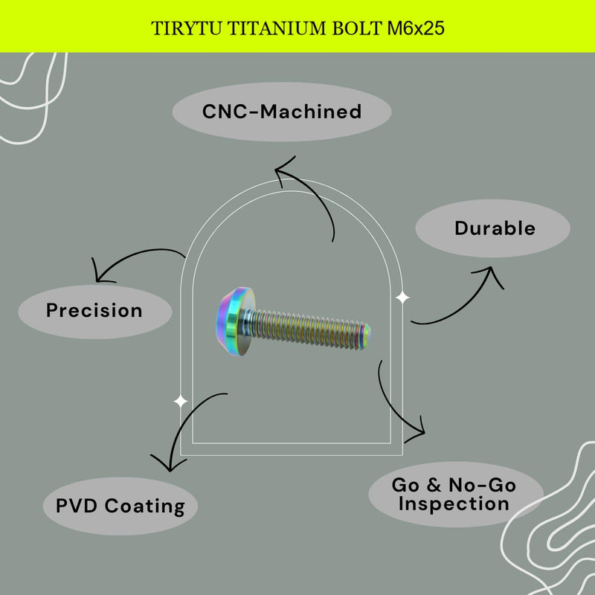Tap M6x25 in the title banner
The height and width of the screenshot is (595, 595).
tap(416, 28)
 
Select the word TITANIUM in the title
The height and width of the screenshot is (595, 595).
tap(277, 29)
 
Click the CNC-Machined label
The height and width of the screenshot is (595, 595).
tap(282, 112)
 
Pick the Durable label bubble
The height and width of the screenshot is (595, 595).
tap(492, 228)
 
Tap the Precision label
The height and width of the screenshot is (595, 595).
tap(95, 311)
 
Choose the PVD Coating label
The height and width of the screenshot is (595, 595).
tap(120, 506)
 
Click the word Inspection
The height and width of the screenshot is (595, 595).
tap(454, 504)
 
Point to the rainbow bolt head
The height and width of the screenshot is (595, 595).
tap(235, 321)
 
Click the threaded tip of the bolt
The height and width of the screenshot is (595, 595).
tap(365, 336)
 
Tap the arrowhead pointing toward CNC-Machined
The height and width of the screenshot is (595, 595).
tap(283, 170)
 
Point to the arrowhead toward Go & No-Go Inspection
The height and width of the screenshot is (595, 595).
tap(416, 431)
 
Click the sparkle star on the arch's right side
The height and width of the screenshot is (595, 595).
tap(402, 297)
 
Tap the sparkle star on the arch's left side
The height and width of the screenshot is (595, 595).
tap(180, 401)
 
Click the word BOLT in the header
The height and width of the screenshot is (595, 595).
tap(357, 29)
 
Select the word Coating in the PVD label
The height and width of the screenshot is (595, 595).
tap(145, 506)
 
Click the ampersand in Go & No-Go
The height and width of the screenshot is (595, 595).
tap(434, 485)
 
